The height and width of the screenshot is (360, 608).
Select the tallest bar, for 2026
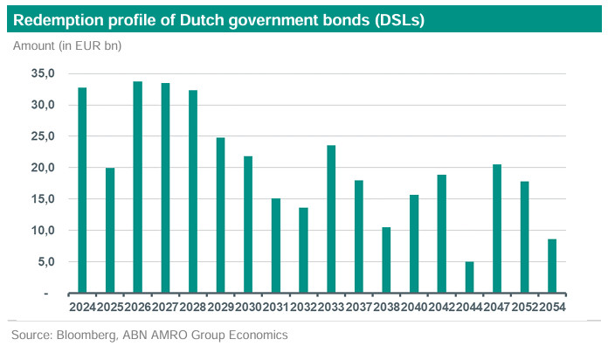point(137,187)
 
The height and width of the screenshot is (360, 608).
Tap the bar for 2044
point(469,277)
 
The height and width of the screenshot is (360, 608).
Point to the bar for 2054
point(552,266)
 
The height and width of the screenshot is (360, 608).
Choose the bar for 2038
point(386,260)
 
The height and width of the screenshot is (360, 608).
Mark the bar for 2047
point(497,229)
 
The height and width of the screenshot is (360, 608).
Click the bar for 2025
point(110,231)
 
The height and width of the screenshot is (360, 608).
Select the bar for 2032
point(303,250)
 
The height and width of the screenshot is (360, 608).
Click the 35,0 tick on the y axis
point(42,73)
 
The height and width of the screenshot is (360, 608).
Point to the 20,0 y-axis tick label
point(42,168)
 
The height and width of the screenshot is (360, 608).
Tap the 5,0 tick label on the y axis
point(45,261)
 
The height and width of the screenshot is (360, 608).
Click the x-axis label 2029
point(220,306)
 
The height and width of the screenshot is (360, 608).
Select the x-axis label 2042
point(441,306)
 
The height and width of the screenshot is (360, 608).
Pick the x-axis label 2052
point(524,306)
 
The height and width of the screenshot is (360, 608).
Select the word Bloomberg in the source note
point(88,335)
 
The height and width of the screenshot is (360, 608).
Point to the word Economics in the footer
point(254,335)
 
